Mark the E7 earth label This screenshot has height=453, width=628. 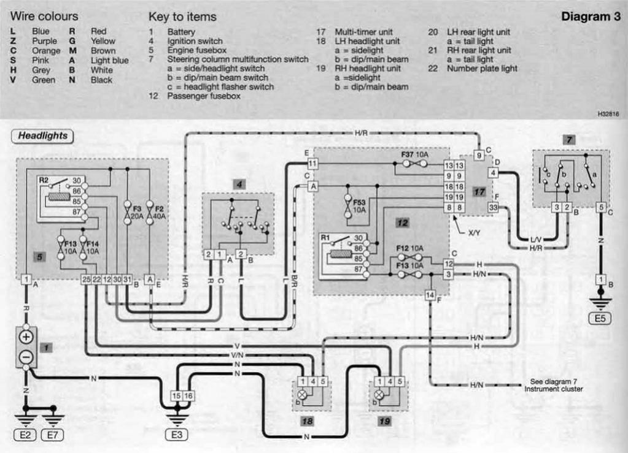point(53,436)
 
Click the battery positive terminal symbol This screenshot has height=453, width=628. point(26,338)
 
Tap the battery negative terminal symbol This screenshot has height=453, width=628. point(26,356)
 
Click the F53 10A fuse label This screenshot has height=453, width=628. point(358,205)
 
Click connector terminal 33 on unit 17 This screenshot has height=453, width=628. point(494,207)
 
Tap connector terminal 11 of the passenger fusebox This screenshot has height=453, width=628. point(313,164)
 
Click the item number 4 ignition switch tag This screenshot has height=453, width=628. point(238,183)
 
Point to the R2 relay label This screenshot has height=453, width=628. point(44,180)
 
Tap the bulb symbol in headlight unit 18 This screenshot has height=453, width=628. point(303,394)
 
